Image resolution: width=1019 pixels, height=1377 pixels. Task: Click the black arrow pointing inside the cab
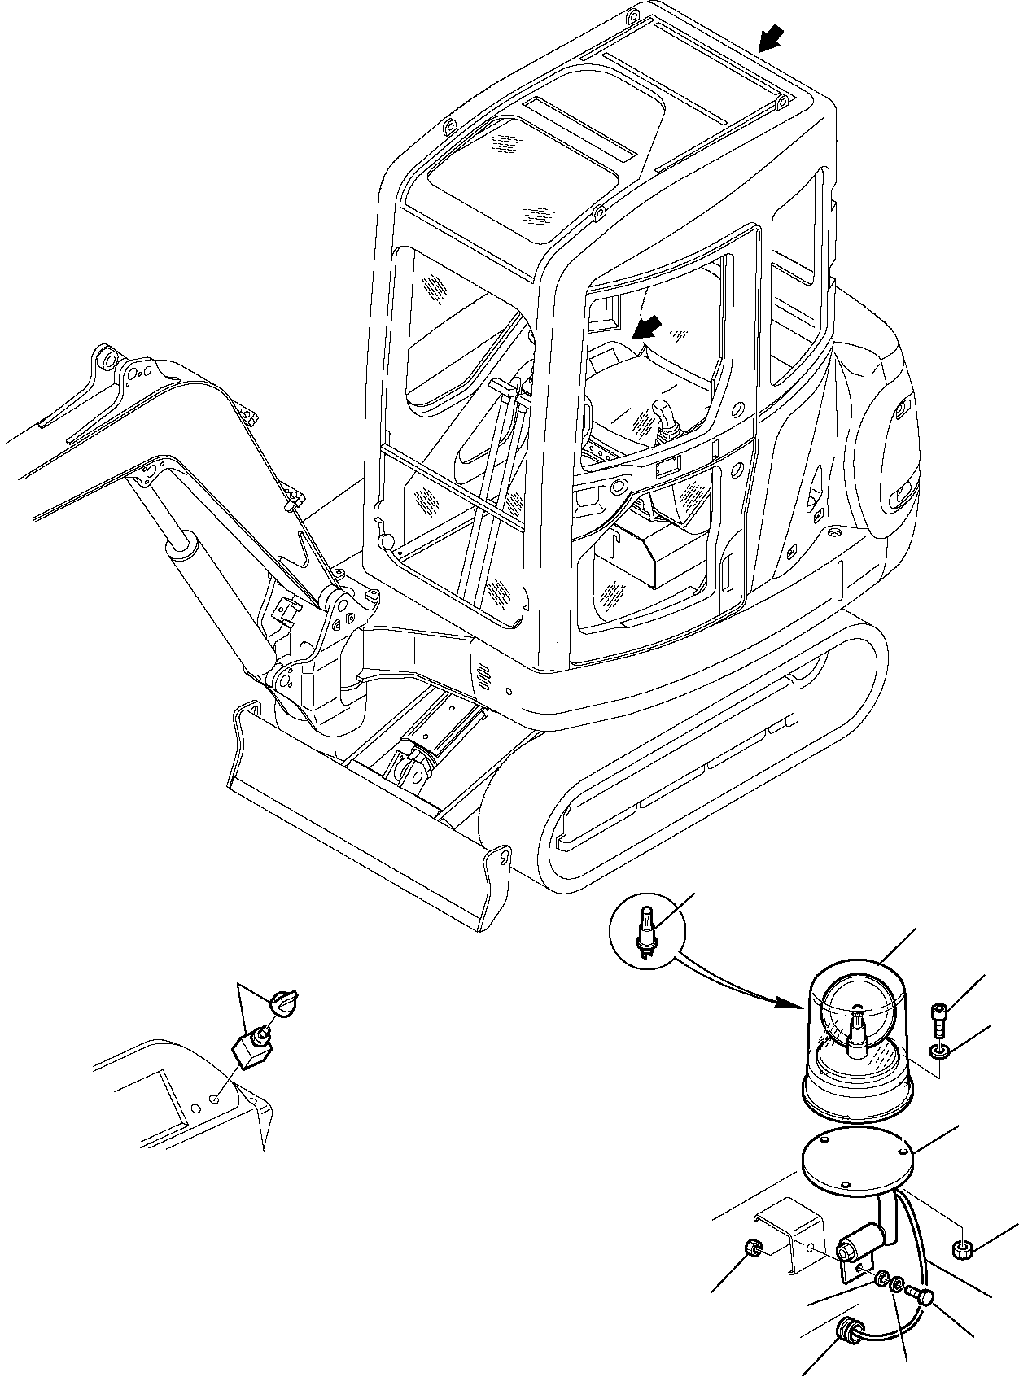pyautogui.click(x=648, y=328)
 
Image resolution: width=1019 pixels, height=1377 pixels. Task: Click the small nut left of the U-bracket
pyautogui.click(x=754, y=1248)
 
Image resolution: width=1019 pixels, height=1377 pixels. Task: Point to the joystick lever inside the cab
pyautogui.click(x=664, y=416)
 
